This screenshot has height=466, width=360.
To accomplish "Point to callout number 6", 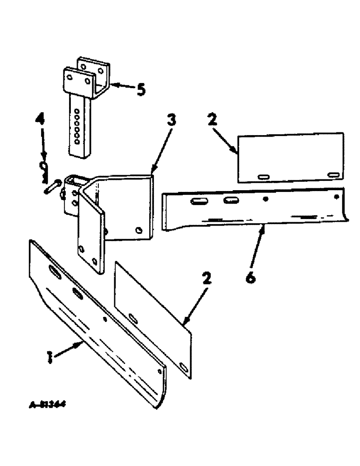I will pyautogui.click(x=250, y=277).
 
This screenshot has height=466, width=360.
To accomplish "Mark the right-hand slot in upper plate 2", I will pyautogui.click(x=333, y=175).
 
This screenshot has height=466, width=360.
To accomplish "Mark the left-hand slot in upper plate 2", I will pyautogui.click(x=264, y=176).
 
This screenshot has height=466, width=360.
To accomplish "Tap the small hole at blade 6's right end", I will pyautogui.click(x=335, y=197).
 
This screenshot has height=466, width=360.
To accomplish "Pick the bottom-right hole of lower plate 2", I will pyautogui.click(x=184, y=369).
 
